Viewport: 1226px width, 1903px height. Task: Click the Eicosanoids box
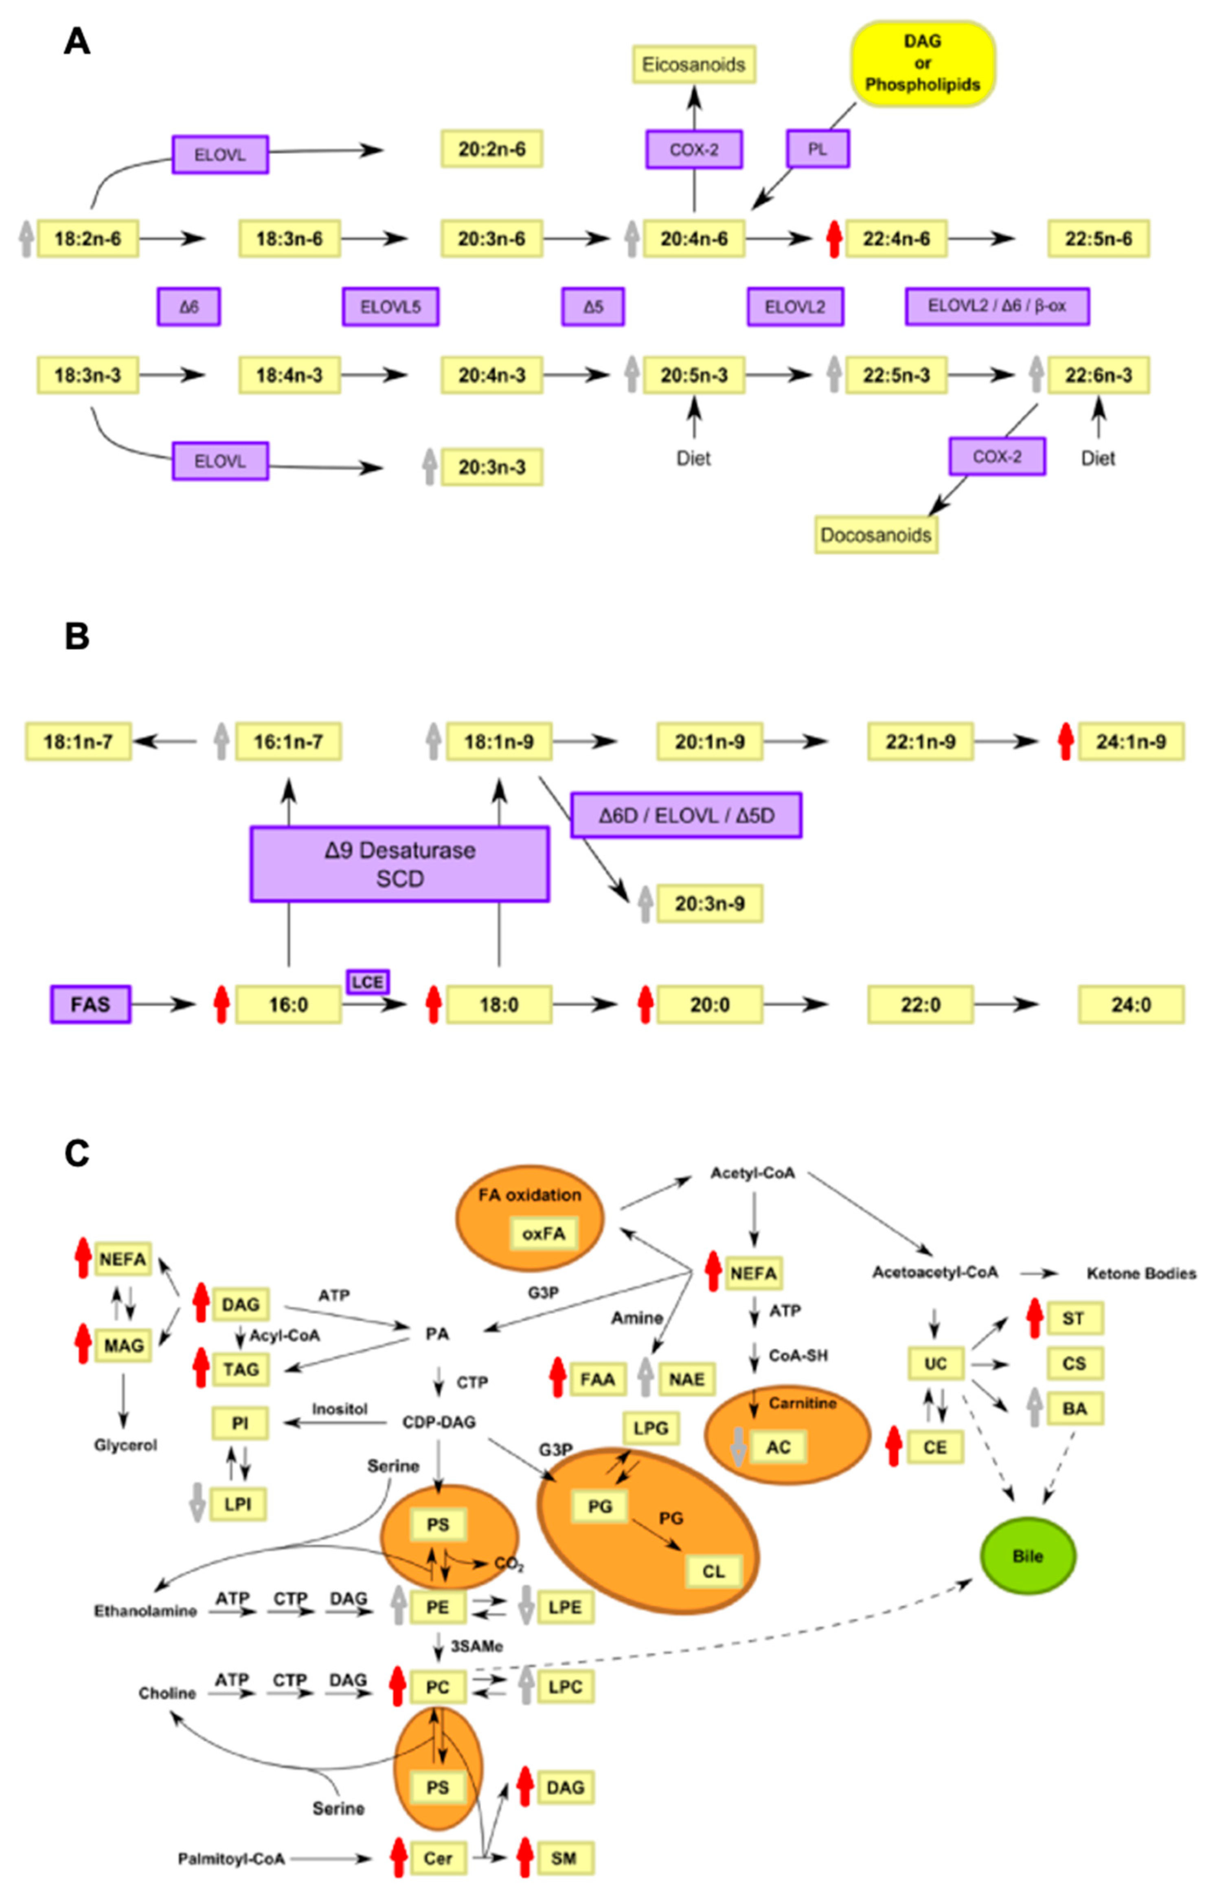[693, 64]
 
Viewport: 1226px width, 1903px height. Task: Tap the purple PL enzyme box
[818, 149]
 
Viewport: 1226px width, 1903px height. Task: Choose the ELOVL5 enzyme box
[390, 307]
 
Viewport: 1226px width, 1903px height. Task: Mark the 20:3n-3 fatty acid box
[492, 467]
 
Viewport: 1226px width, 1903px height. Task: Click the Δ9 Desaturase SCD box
[400, 864]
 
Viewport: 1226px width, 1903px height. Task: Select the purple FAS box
[90, 1004]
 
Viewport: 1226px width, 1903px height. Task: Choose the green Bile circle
[1028, 1556]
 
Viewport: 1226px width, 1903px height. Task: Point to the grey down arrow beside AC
[738, 1447]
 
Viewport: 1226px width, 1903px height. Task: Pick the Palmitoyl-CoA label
[231, 1859]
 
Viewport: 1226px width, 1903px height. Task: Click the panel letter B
[77, 637]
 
